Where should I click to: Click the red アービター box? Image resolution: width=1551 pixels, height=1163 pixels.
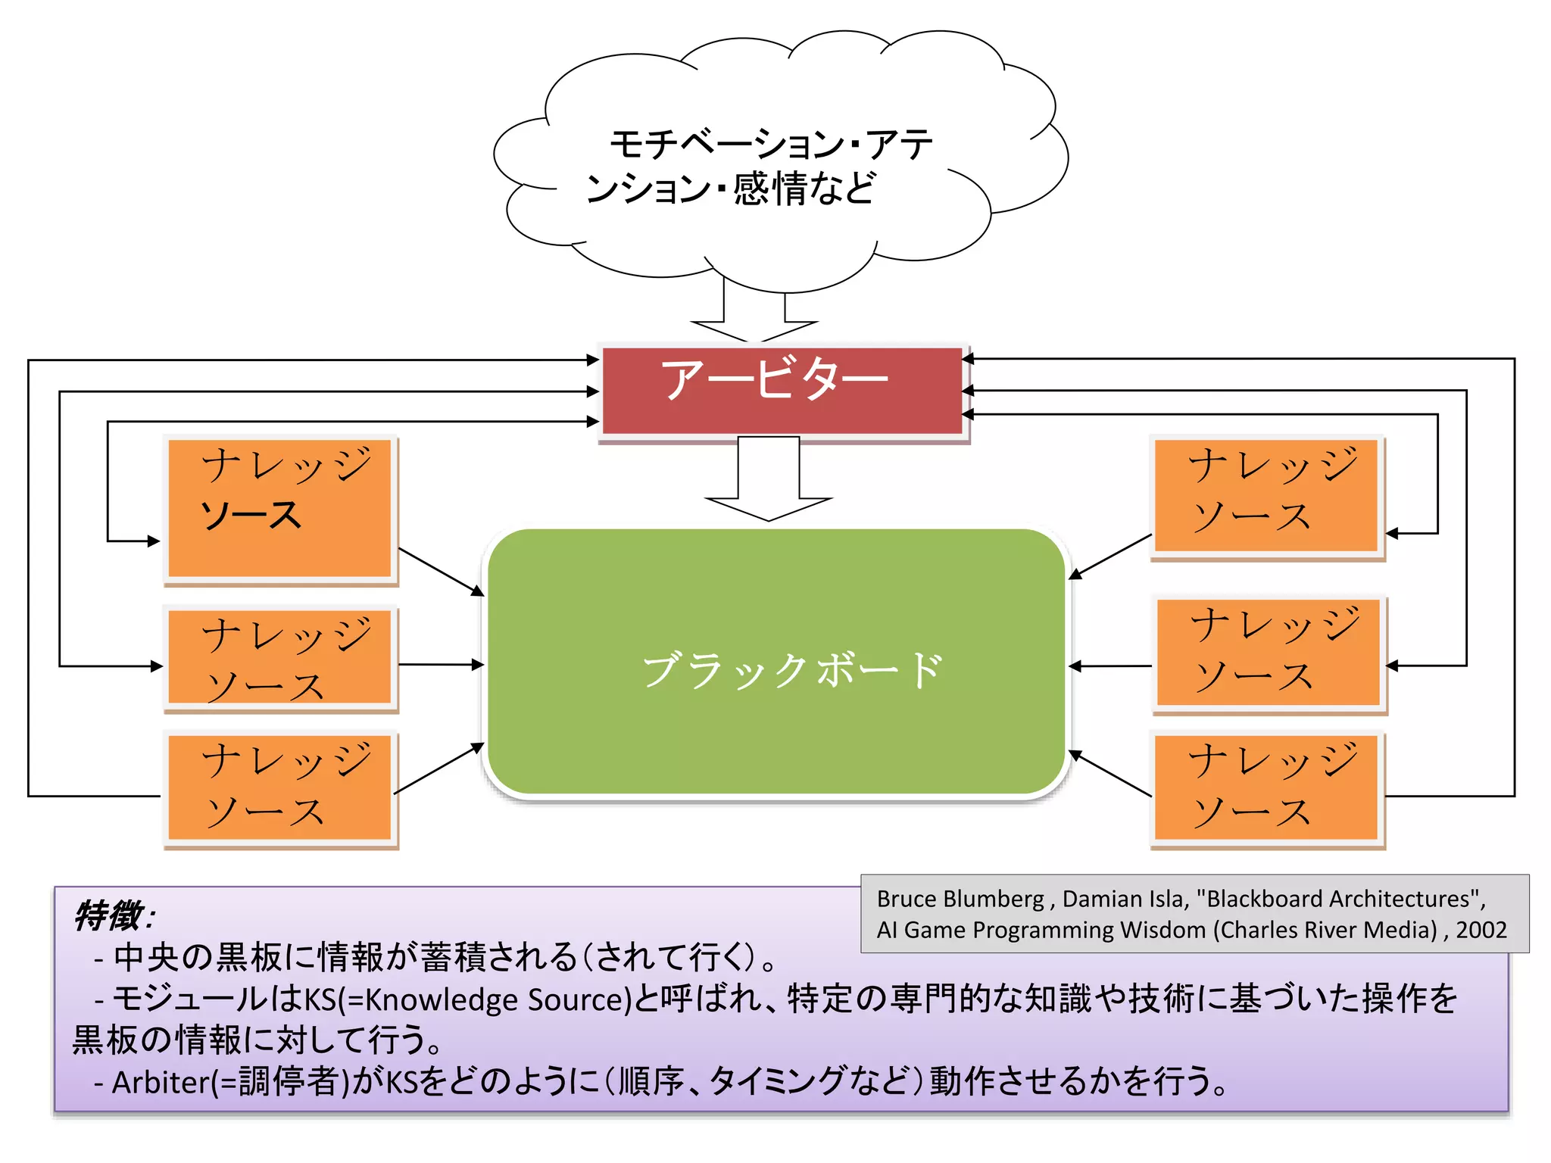point(782,391)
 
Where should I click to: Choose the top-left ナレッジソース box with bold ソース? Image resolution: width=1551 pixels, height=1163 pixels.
point(280,509)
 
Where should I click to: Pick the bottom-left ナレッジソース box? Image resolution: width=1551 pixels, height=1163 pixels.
point(280,787)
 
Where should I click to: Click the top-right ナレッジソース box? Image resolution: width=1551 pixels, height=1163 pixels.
point(1267,496)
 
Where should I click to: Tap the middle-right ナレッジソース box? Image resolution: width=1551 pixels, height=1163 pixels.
point(1269,653)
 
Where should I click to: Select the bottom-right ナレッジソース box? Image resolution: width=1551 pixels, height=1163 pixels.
point(1267,787)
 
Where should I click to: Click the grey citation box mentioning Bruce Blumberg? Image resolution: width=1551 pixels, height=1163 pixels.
point(1194,913)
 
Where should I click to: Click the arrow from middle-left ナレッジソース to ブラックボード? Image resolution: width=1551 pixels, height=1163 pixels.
point(440,664)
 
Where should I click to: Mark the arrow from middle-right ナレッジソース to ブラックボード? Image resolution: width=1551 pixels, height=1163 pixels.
point(1110,666)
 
